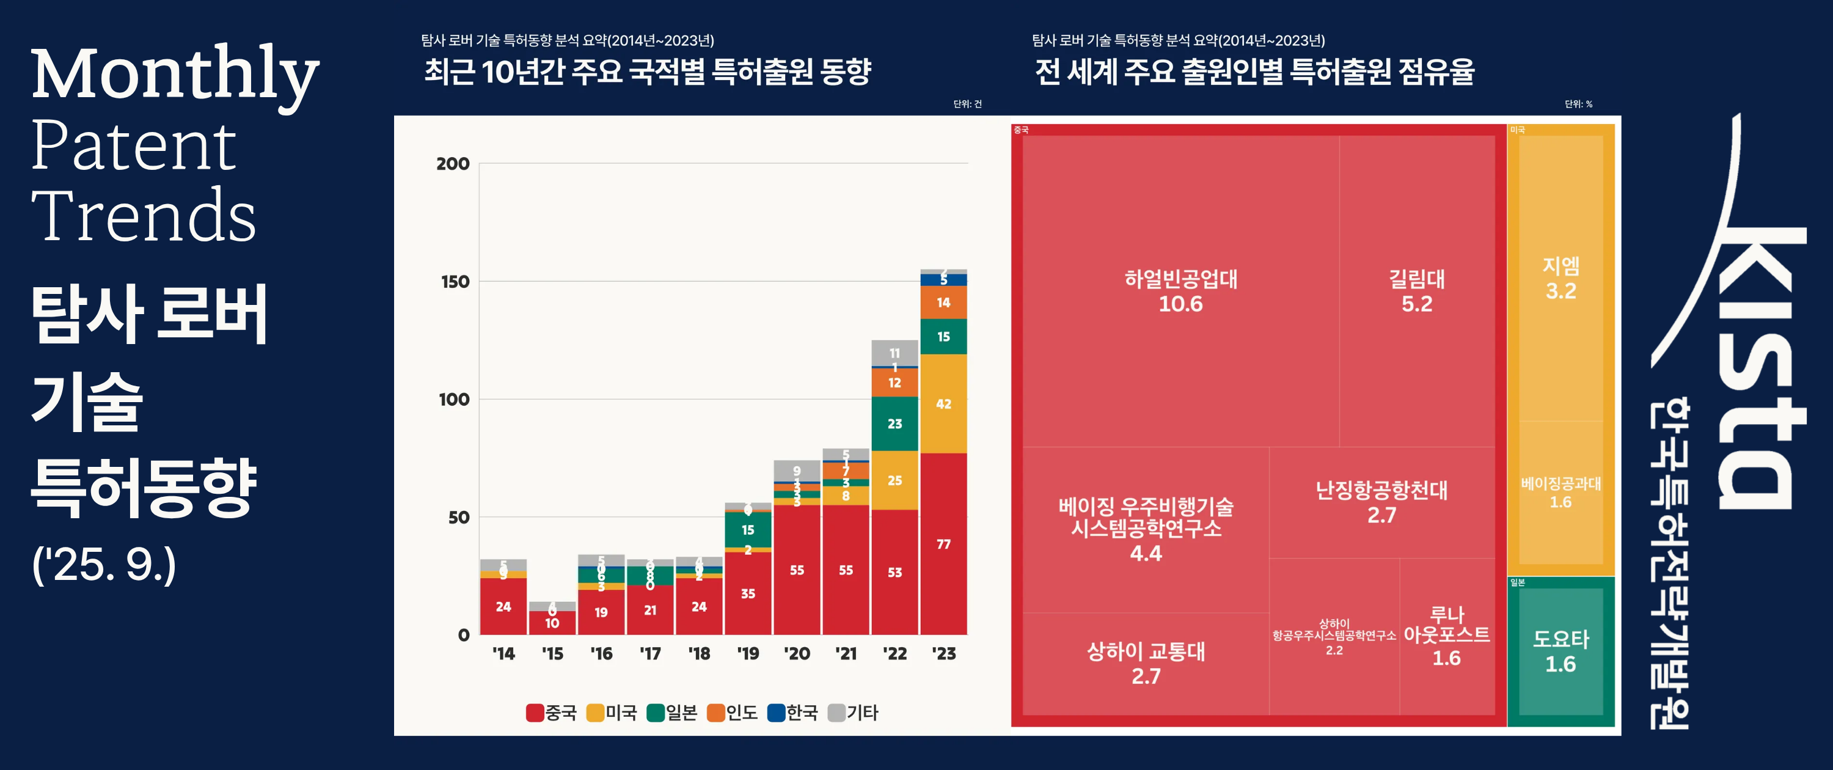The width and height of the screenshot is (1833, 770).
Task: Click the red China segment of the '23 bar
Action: coord(943,544)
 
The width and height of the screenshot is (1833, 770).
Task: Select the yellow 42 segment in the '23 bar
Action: coord(943,403)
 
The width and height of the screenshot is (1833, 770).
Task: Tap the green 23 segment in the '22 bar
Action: coord(895,424)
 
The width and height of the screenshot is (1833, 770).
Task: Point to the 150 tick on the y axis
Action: coord(455,282)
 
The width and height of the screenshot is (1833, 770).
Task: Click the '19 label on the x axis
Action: coord(747,653)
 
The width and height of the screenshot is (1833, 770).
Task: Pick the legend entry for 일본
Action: coord(673,713)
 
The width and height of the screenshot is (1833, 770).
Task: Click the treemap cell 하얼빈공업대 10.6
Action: coord(1180,291)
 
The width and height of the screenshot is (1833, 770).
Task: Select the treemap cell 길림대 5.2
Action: coord(1416,291)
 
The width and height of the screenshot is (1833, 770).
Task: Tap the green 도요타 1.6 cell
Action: coord(1560,651)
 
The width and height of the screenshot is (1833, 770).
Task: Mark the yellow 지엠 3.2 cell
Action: coord(1560,278)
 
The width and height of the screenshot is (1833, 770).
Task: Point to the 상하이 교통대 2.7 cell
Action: coord(1146,663)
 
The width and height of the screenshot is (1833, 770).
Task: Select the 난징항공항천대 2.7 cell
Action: coord(1381,502)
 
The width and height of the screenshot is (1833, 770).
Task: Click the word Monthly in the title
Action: coord(174,75)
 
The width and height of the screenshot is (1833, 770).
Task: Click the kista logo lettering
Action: coord(1758,370)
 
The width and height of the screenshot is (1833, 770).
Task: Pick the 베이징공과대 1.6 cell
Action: coord(1560,493)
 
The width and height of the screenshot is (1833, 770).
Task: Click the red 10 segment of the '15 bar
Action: coord(552,623)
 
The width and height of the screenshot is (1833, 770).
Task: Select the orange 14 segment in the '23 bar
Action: coord(943,302)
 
